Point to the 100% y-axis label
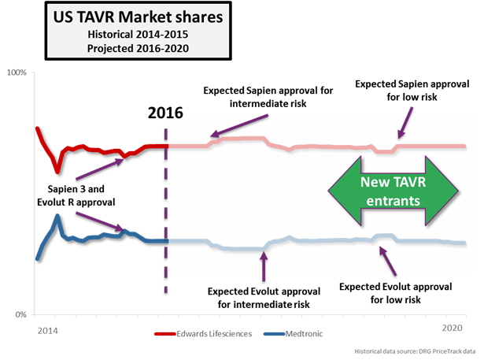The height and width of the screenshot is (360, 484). (17, 72)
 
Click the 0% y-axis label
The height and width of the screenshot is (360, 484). (20, 315)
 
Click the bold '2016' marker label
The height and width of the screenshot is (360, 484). (166, 112)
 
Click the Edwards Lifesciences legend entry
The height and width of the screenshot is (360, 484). (208, 334)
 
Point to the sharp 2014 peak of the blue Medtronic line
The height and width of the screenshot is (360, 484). (57, 216)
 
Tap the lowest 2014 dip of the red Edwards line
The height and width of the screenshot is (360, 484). (57, 170)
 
